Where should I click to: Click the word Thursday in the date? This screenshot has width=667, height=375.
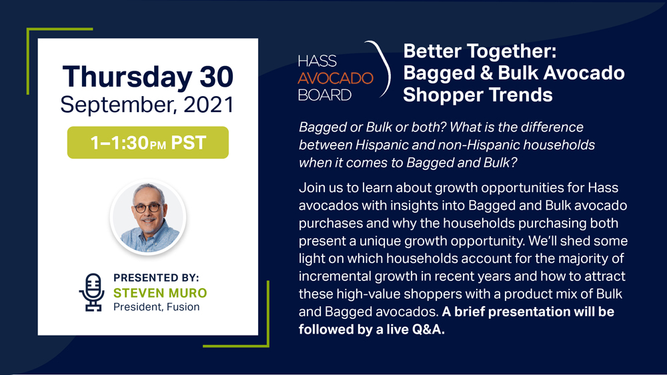pyautogui.click(x=127, y=77)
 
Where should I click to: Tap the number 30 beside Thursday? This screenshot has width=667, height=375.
pyautogui.click(x=217, y=77)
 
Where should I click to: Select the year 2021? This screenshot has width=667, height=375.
pyautogui.click(x=208, y=105)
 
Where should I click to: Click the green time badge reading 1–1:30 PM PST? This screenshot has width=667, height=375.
pyautogui.click(x=148, y=143)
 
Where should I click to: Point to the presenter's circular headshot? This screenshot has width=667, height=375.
pyautogui.click(x=148, y=217)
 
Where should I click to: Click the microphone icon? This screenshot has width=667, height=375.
pyautogui.click(x=92, y=292)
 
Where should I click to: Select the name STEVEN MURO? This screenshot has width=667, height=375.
pyautogui.click(x=160, y=293)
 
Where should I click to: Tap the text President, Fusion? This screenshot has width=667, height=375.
pyautogui.click(x=156, y=307)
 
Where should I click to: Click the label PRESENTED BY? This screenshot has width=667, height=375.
pyautogui.click(x=156, y=278)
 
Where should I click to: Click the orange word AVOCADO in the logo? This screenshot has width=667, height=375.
pyautogui.click(x=336, y=78)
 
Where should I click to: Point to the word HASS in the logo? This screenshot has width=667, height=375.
pyautogui.click(x=317, y=61)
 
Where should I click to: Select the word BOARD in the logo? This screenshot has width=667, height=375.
pyautogui.click(x=325, y=95)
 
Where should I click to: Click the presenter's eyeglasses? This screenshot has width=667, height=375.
pyautogui.click(x=147, y=208)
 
